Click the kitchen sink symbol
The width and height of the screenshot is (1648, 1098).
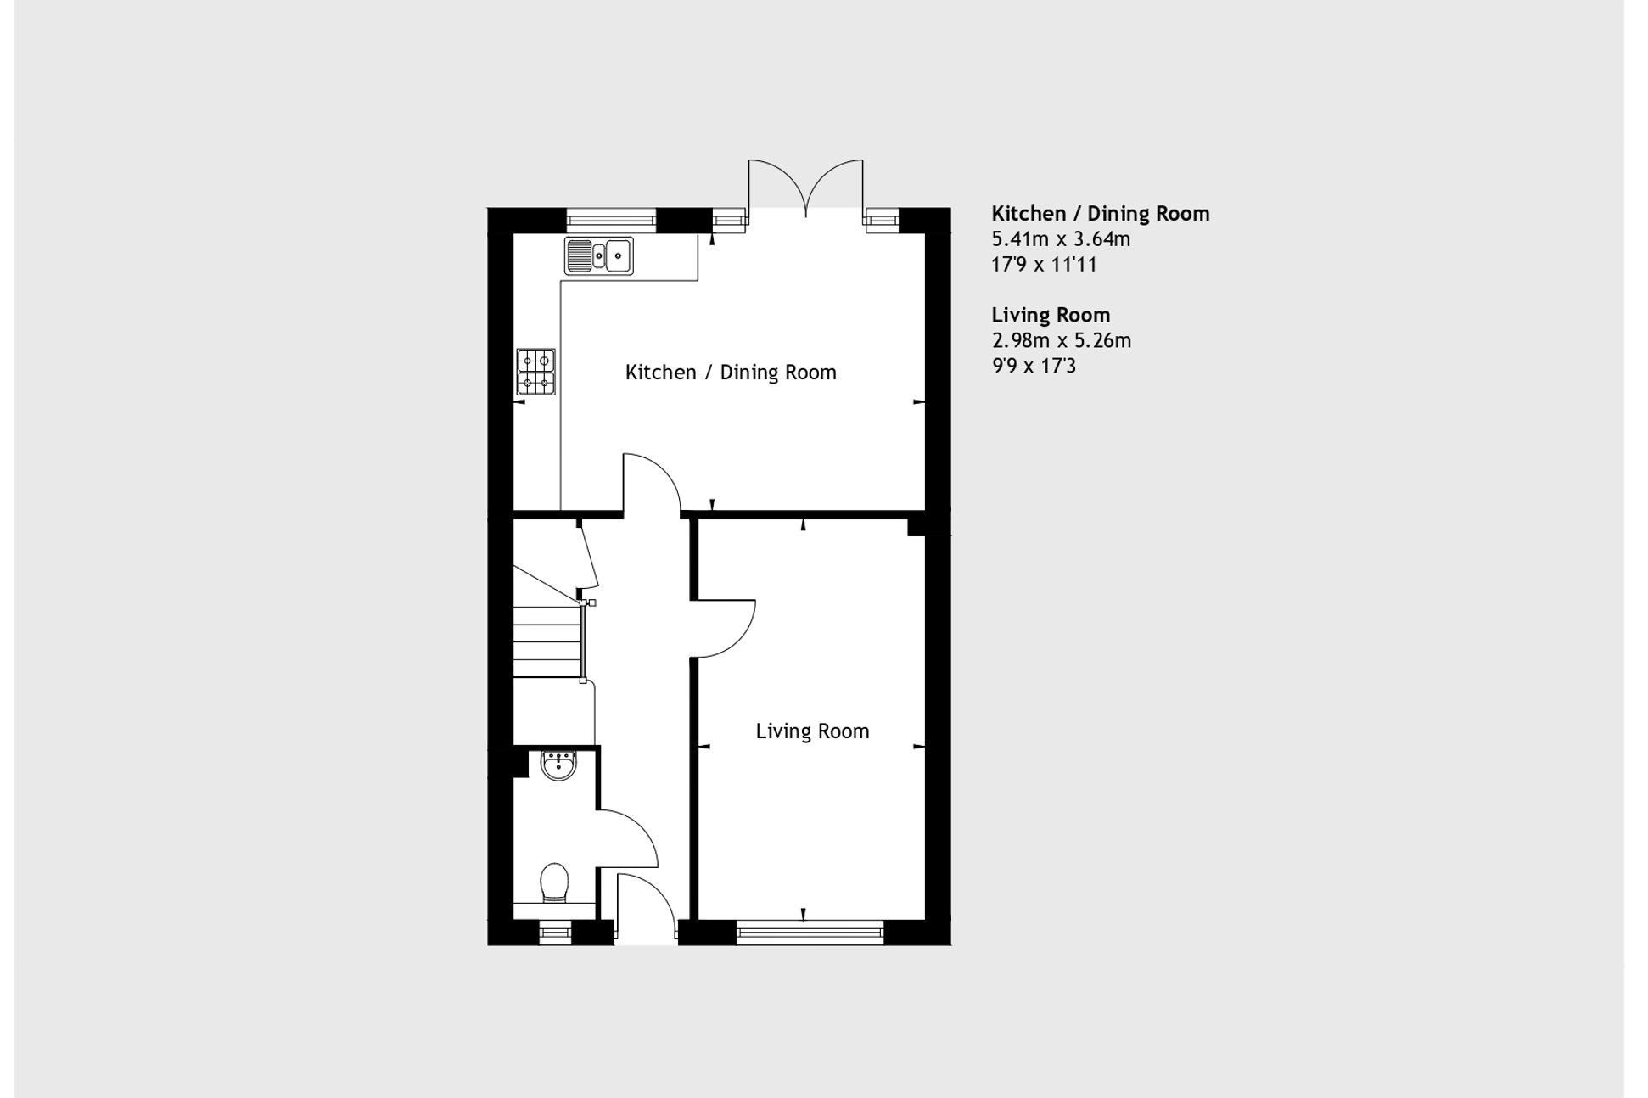(599, 255)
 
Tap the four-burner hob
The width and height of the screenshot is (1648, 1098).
(535, 372)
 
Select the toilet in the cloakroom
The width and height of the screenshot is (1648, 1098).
(554, 884)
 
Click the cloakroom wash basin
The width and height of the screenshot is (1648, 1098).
(558, 765)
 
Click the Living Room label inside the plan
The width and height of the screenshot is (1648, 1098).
(812, 731)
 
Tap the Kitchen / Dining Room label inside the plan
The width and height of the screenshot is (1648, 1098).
(731, 373)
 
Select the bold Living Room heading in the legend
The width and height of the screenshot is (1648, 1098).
(1051, 315)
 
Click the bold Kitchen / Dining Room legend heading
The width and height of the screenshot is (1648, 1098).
(1101, 214)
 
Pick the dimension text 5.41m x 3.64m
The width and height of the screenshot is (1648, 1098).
(1061, 239)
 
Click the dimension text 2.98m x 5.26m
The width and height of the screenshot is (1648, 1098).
(1061, 340)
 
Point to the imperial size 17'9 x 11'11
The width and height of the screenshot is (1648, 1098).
(1044, 265)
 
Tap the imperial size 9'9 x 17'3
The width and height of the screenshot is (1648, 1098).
(1034, 366)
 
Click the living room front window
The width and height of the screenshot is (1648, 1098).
(810, 933)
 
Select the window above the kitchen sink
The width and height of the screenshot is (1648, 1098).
(611, 221)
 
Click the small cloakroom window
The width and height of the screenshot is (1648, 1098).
(555, 933)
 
